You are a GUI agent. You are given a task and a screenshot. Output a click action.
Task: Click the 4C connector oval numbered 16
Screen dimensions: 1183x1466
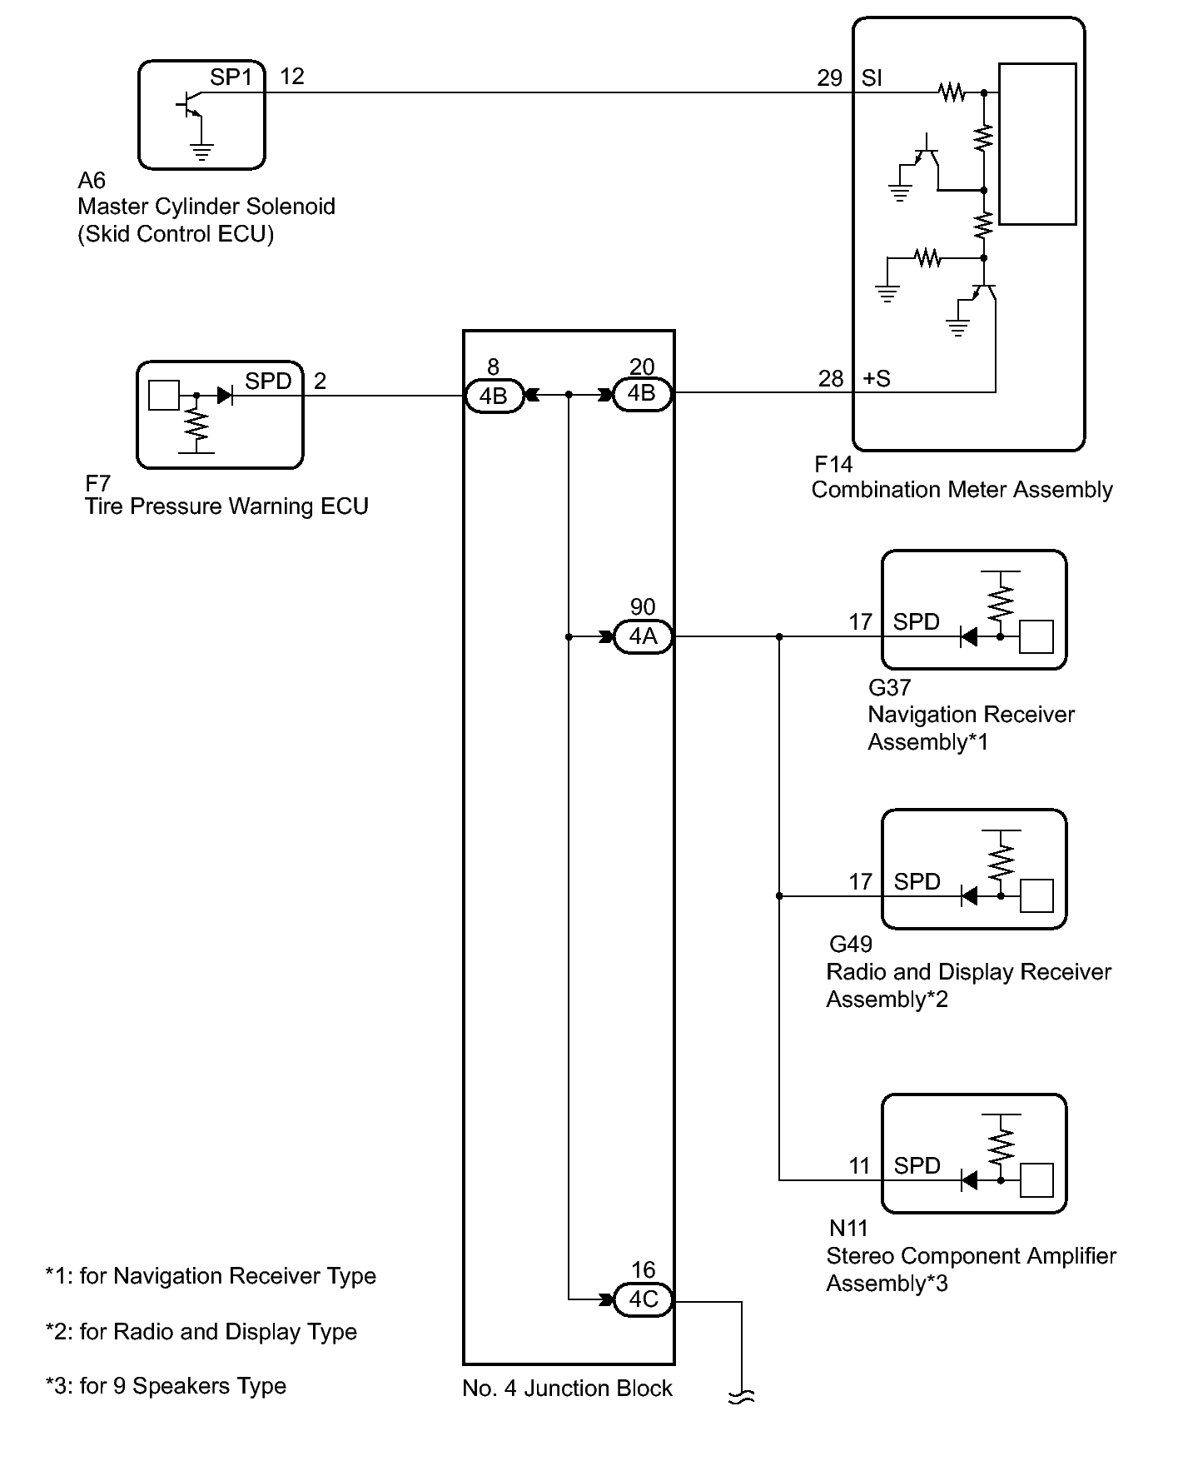643,1299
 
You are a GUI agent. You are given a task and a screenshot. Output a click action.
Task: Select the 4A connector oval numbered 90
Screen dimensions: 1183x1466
643,636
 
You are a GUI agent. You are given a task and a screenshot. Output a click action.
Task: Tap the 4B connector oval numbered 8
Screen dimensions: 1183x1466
493,395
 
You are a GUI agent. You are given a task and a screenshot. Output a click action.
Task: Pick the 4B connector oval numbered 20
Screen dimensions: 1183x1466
642,393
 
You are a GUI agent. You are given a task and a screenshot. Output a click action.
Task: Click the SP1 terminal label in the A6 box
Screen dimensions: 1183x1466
231,77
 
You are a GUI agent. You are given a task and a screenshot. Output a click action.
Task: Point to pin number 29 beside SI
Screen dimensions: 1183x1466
829,78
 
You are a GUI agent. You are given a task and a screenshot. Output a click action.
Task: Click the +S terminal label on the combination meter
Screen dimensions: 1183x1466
877,379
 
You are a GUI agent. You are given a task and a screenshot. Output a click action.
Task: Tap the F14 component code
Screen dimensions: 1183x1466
833,464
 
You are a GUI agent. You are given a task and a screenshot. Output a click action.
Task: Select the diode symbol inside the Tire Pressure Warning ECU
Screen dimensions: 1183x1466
225,395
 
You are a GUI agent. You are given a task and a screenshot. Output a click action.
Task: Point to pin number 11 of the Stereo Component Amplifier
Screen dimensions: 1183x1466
859,1165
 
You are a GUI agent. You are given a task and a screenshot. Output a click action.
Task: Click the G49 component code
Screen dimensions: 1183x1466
851,944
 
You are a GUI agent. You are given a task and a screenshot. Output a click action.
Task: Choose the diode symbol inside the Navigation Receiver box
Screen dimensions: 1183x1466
968,637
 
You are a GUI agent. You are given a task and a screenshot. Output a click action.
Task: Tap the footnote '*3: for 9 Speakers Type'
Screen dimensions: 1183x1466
166,1386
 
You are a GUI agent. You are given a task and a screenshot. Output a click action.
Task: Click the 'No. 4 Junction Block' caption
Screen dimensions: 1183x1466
567,1389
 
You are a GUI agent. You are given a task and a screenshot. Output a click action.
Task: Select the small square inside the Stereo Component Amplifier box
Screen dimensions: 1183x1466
1036,1180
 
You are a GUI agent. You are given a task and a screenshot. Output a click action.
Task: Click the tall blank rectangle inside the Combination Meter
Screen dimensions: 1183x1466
1037,144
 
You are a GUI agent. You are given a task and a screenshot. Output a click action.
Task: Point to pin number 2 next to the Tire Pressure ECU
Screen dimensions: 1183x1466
320,381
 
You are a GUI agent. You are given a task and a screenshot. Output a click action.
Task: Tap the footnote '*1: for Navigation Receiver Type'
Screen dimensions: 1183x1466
211,1276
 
